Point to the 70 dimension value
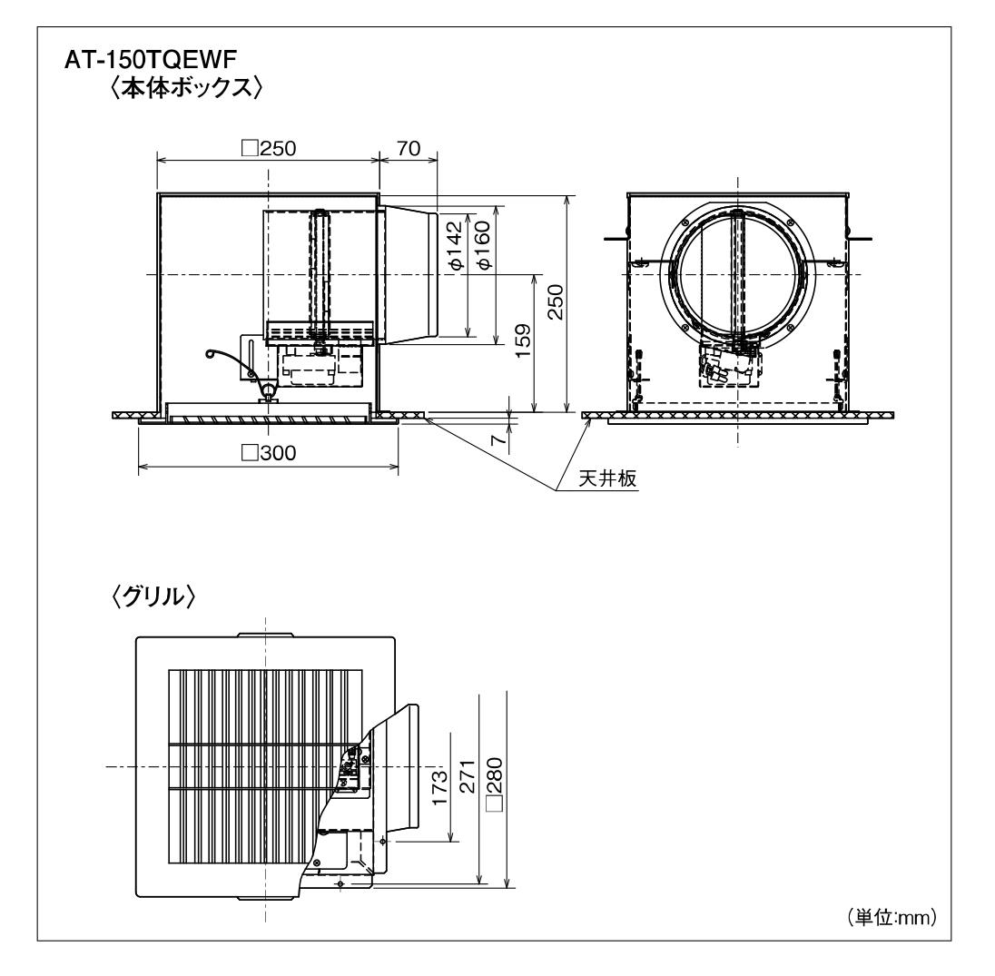click(409, 150)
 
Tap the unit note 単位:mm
click(889, 917)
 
